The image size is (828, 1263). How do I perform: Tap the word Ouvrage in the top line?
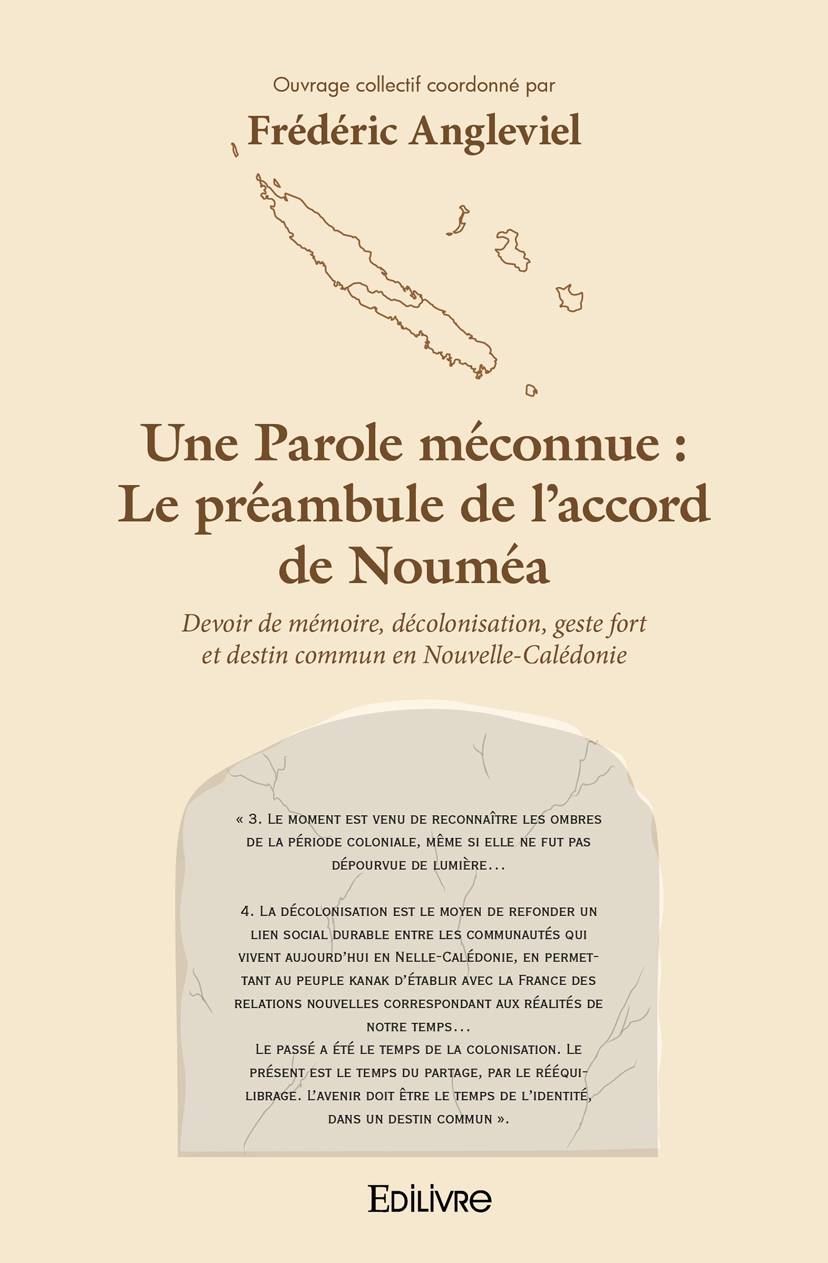pyautogui.click(x=311, y=86)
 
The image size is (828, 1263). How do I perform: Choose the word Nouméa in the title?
pyautogui.click(x=449, y=566)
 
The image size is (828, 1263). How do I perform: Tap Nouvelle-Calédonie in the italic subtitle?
pyautogui.click(x=525, y=655)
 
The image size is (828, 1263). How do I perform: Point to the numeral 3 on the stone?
pyautogui.click(x=254, y=819)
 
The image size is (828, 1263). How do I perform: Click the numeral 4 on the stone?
pyautogui.click(x=247, y=911)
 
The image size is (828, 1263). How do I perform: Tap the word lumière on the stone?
pyautogui.click(x=460, y=865)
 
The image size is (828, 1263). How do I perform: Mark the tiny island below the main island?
pyautogui.click(x=531, y=390)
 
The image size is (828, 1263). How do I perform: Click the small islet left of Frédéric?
pyautogui.click(x=235, y=150)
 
